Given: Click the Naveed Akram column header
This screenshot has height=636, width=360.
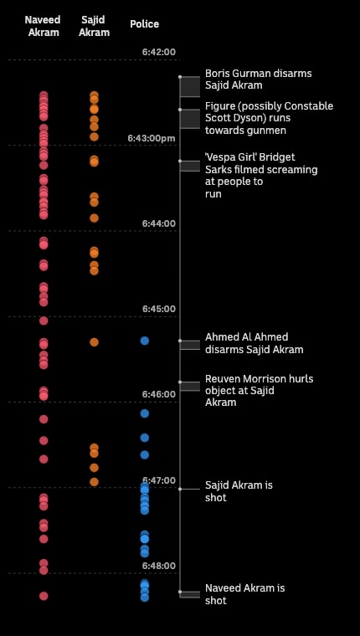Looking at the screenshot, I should tap(43, 26).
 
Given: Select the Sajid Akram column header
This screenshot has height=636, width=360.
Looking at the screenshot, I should tap(94, 26).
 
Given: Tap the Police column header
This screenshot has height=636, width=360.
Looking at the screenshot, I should tap(144, 24).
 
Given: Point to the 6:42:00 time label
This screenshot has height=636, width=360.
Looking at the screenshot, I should tap(159, 52).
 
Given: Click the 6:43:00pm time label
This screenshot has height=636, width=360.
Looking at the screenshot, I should tap(152, 138).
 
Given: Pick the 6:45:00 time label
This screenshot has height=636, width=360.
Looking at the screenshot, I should tap(159, 309).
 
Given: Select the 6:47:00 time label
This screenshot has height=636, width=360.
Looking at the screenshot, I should tap(159, 480).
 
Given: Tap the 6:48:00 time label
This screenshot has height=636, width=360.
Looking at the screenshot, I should tap(159, 566).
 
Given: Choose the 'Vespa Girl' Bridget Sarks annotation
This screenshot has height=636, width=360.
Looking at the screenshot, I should tap(261, 176).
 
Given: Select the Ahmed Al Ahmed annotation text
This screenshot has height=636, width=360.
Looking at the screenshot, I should tap(254, 344).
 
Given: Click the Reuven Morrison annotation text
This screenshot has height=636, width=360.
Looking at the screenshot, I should tap(259, 391).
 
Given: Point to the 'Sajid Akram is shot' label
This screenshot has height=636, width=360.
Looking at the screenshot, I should tap(239, 491).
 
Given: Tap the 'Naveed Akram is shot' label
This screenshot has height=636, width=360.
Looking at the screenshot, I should tap(244, 594).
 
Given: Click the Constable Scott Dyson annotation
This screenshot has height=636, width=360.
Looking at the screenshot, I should tap(269, 118).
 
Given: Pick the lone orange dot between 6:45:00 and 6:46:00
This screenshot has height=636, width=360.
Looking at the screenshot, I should tap(94, 342).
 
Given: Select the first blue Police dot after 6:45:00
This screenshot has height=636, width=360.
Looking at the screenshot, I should tap(145, 341).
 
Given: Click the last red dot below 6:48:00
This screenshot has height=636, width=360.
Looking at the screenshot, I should tap(44, 596).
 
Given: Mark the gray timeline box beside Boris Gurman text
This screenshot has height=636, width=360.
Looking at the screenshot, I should tap(190, 86).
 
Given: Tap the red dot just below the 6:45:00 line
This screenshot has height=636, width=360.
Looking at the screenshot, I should tap(44, 321).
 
